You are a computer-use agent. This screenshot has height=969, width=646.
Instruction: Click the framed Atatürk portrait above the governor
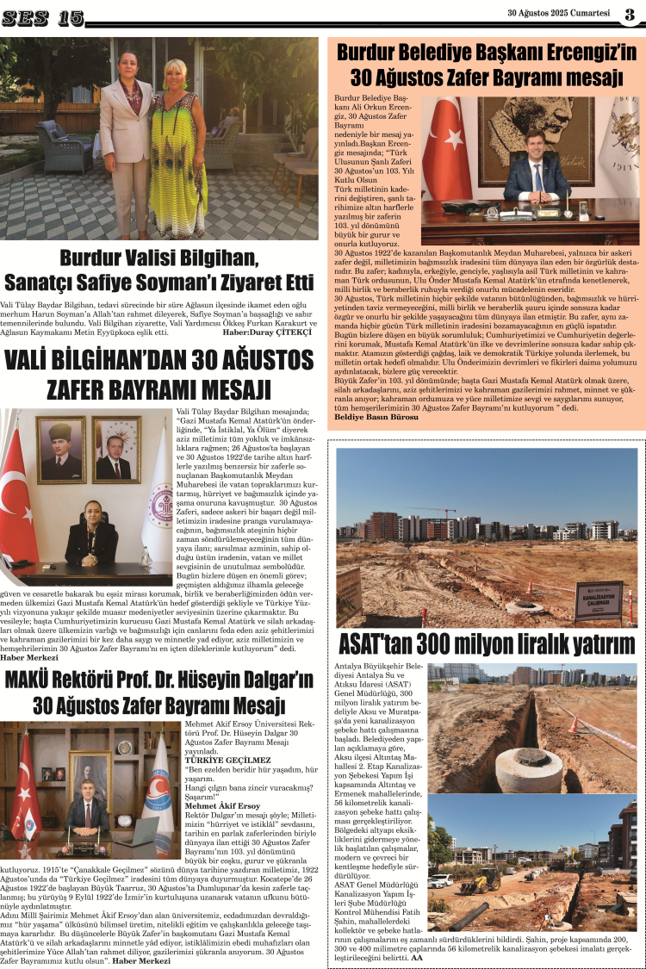click(60, 449)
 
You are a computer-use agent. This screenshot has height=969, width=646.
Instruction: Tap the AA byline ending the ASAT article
click(418, 957)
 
